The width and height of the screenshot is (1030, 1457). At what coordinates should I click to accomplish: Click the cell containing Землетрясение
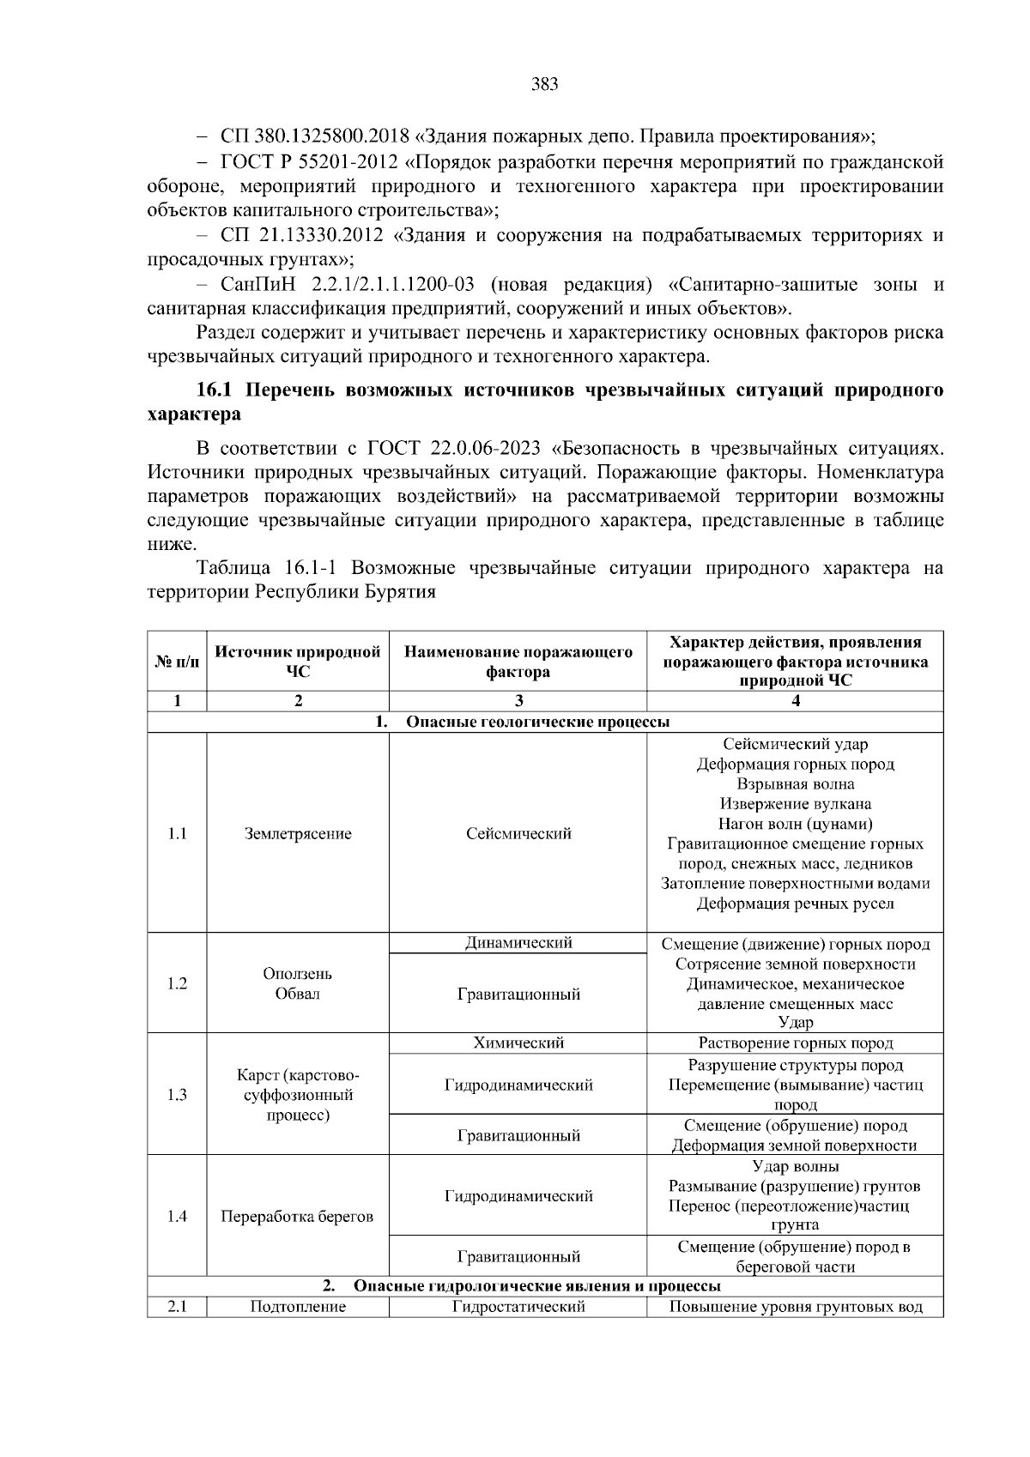pyautogui.click(x=297, y=834)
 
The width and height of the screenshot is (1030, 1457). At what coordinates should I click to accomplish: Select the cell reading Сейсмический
pyautogui.click(x=518, y=834)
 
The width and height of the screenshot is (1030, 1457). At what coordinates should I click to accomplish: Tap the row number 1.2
pyautogui.click(x=177, y=983)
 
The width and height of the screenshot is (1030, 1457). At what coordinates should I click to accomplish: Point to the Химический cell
pyautogui.click(x=518, y=1043)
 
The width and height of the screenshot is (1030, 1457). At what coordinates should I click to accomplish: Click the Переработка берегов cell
pyautogui.click(x=297, y=1217)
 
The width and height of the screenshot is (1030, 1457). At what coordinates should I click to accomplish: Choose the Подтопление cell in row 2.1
pyautogui.click(x=297, y=1307)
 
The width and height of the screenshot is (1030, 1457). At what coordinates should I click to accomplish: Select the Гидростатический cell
pyautogui.click(x=518, y=1307)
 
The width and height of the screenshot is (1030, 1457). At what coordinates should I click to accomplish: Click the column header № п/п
pyautogui.click(x=177, y=662)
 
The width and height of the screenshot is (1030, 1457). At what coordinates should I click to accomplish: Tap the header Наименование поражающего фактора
pyautogui.click(x=518, y=662)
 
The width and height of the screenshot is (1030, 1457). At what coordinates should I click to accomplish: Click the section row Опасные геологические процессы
pyautogui.click(x=536, y=722)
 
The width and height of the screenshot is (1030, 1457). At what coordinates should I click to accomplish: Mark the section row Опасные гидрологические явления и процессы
pyautogui.click(x=536, y=1286)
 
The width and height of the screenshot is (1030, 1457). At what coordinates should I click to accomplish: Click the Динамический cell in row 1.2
pyautogui.click(x=518, y=943)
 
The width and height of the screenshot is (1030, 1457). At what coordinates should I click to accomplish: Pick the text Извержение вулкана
pyautogui.click(x=795, y=804)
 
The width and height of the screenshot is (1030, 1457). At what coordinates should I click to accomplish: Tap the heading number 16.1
pyautogui.click(x=215, y=390)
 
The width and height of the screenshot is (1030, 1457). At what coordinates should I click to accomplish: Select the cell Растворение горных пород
pyautogui.click(x=795, y=1043)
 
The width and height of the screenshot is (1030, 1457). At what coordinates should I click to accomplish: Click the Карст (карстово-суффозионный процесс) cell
pyautogui.click(x=297, y=1095)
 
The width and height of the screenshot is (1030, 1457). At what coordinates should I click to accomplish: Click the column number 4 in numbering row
pyautogui.click(x=795, y=701)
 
